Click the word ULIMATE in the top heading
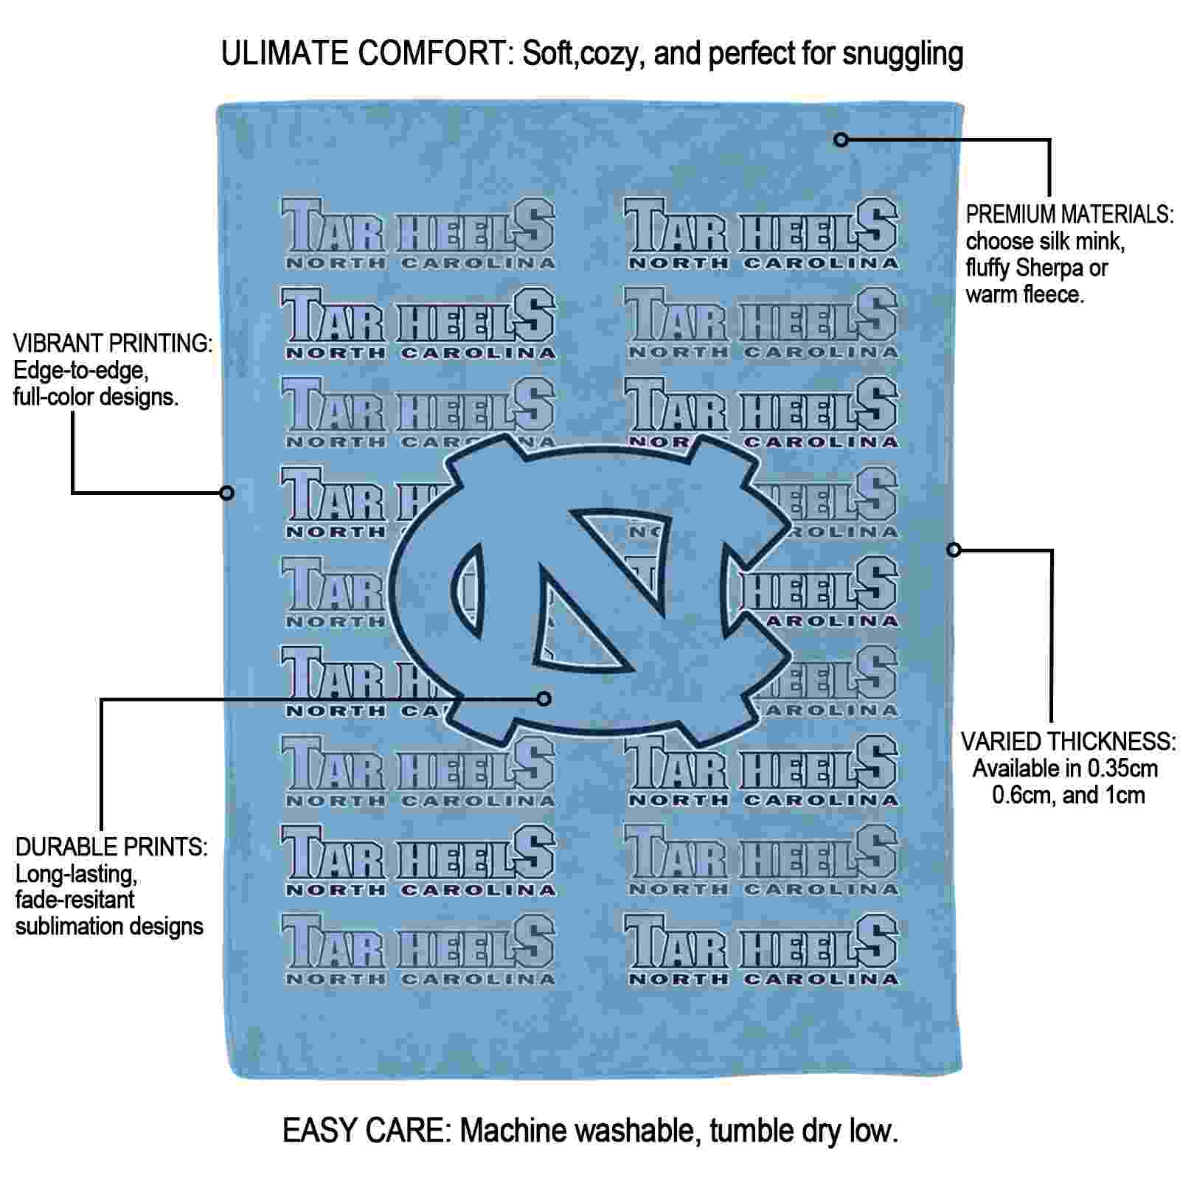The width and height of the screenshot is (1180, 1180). (285, 53)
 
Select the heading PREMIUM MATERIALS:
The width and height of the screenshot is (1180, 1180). (1069, 215)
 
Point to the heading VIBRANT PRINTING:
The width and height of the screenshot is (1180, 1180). (113, 343)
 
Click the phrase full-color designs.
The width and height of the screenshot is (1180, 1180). (96, 397)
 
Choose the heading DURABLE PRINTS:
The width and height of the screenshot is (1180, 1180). (111, 847)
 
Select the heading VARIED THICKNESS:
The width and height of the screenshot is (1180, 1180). (1068, 742)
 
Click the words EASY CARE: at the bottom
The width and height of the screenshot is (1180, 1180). (367, 1131)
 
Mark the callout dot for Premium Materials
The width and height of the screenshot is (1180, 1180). (841, 139)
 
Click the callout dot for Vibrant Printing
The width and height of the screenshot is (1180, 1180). (227, 492)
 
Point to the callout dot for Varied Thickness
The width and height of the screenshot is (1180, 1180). (954, 549)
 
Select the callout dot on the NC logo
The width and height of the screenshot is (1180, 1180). (544, 698)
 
